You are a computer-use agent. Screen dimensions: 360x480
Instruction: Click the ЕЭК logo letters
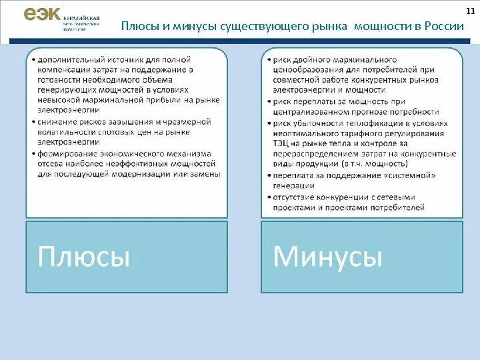point(42,15)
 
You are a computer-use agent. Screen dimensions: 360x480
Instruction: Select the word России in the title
point(445,27)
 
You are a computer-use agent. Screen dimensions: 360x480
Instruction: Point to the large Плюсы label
point(84,256)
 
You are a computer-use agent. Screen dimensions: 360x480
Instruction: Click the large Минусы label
point(328,256)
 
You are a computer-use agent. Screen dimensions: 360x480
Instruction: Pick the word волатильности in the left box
point(67,132)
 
